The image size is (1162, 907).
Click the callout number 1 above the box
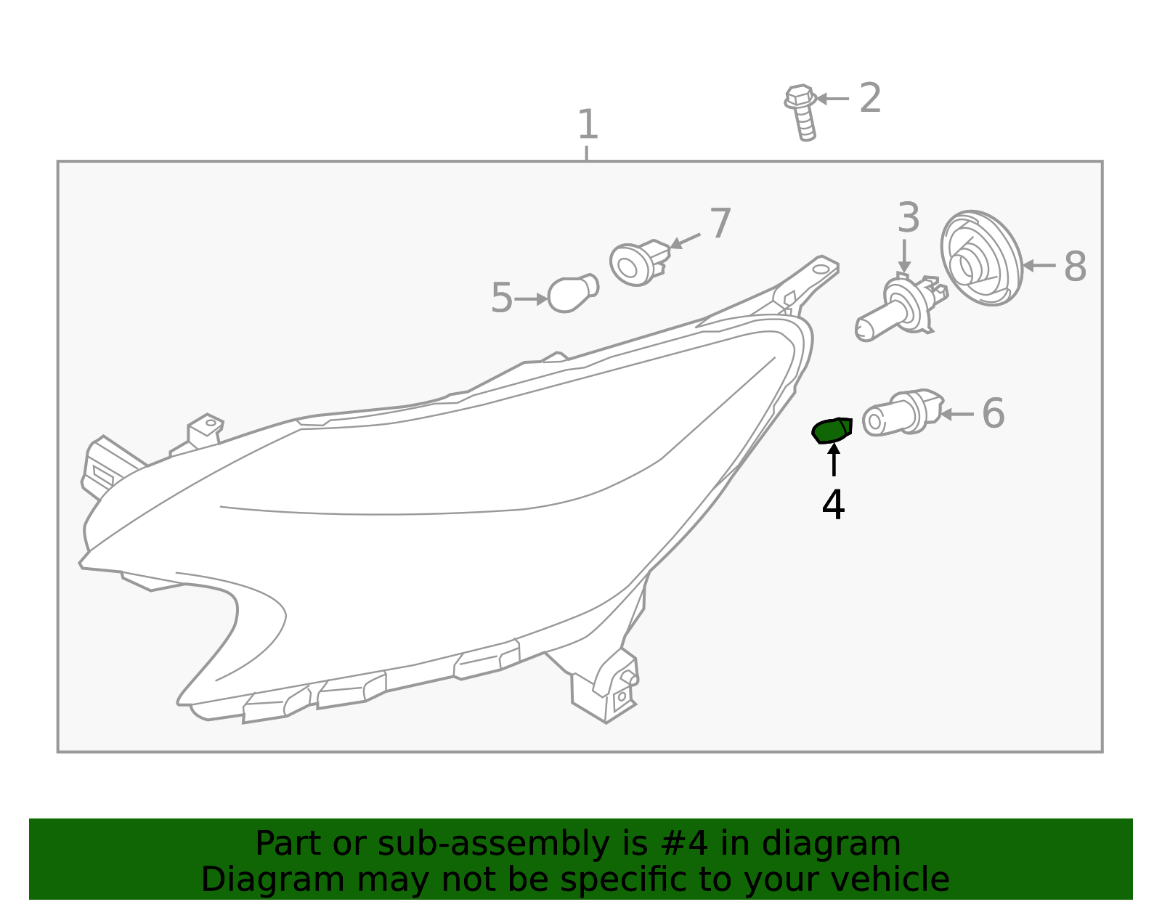pos(588,124)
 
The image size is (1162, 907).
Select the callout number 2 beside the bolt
pos(870,98)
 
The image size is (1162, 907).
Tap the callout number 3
pos(909,218)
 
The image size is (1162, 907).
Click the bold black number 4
pos(833,504)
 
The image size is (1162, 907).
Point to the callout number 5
pos(502,298)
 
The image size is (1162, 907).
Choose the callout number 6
pos(994,413)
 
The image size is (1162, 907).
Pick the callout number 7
pos(720,224)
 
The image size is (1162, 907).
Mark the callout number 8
pos(1076,267)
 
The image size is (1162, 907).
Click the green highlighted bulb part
pos(832,431)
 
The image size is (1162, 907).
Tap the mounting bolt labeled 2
pos(800,113)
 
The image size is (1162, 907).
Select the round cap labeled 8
pos(982,258)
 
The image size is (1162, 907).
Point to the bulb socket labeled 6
pos(903,412)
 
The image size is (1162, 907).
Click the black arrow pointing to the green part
pos(834,460)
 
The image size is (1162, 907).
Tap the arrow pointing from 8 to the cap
pos(1039,265)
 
